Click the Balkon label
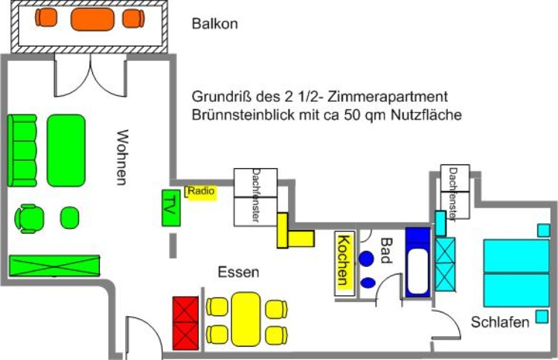214,24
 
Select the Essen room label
238,273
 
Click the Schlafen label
500,322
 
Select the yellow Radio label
201,192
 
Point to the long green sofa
22,151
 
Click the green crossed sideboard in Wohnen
54,266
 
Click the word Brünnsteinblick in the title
237,115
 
